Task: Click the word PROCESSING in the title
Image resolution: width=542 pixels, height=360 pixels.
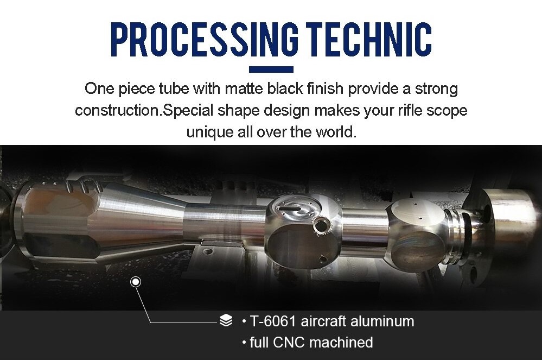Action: tap(205, 39)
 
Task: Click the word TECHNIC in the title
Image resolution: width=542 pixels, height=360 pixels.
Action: tap(369, 39)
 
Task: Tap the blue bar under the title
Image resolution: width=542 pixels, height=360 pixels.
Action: tap(271, 70)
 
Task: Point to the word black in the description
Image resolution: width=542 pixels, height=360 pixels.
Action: tap(285, 89)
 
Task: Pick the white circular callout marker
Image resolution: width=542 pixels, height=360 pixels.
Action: tap(136, 282)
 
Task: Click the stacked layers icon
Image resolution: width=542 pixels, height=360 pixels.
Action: tap(226, 320)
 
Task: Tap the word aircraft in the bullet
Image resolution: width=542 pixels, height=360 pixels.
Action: tap(324, 321)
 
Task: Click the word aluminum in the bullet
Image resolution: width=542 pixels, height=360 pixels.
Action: tap(382, 321)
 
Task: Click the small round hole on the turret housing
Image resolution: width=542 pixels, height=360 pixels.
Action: tap(321, 225)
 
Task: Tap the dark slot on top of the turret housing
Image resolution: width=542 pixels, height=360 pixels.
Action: tap(290, 208)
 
